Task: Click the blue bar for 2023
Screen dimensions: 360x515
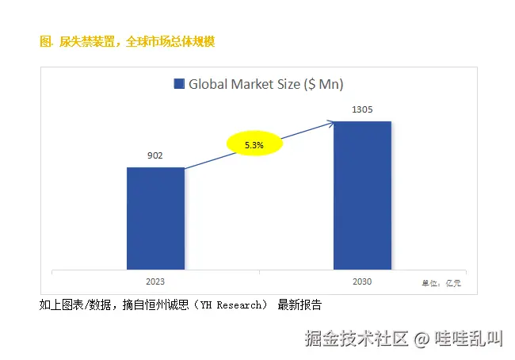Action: click(x=155, y=218)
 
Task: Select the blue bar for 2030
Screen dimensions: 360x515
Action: click(x=362, y=195)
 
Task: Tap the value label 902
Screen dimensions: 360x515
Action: click(x=155, y=155)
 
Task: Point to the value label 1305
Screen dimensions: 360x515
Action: click(x=362, y=109)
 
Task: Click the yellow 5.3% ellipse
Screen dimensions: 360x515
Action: click(x=254, y=145)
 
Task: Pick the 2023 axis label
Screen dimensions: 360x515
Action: click(x=155, y=281)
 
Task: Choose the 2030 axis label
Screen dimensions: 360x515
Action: click(x=362, y=281)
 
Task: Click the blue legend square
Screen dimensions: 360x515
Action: click(x=178, y=84)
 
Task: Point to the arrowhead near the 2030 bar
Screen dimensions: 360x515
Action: click(x=331, y=122)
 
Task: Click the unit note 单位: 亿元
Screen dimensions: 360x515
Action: click(x=441, y=282)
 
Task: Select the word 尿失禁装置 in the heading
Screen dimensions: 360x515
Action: click(x=86, y=41)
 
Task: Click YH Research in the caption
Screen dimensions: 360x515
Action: click(x=232, y=304)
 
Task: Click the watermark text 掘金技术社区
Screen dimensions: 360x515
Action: click(x=357, y=339)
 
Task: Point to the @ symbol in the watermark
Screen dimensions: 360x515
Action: click(x=422, y=339)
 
